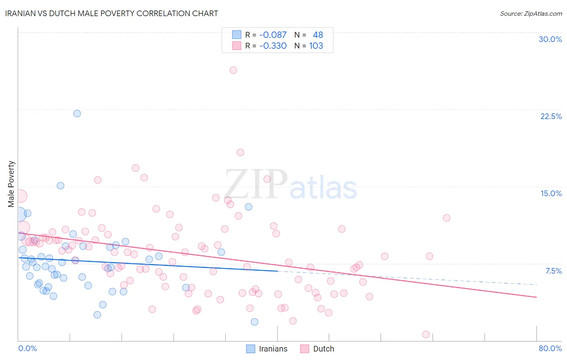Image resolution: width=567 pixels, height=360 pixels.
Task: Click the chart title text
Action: tap(112, 13)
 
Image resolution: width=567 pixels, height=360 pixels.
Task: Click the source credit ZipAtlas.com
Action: tap(531, 13)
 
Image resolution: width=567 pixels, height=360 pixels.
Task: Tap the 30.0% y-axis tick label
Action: tap(550, 39)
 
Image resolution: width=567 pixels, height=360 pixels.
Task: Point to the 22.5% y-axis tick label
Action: tap(551, 116)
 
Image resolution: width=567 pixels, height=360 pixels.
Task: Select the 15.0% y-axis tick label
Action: tap(551, 193)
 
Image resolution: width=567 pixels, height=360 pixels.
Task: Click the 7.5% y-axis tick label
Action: tap(553, 271)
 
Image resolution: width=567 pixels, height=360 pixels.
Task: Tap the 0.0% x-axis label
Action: tap(27, 348)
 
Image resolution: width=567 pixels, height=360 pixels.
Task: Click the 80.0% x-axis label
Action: tap(550, 348)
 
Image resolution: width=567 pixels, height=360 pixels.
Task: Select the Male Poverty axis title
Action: tap(11, 184)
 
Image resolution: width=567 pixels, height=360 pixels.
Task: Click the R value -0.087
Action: tap(273, 35)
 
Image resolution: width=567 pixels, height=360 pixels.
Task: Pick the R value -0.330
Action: tap(273, 46)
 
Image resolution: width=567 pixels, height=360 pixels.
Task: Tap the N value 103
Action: tap(316, 46)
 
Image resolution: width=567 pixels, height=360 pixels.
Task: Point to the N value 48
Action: tap(318, 35)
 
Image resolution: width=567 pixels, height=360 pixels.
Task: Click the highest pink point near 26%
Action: tap(233, 70)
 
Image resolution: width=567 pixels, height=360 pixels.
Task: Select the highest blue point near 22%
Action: tap(77, 113)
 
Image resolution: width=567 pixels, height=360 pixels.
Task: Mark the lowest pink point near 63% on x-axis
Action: tap(426, 335)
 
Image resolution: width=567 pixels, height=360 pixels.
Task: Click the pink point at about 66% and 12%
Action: tap(446, 218)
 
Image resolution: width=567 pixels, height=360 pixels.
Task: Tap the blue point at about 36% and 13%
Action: tap(248, 207)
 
